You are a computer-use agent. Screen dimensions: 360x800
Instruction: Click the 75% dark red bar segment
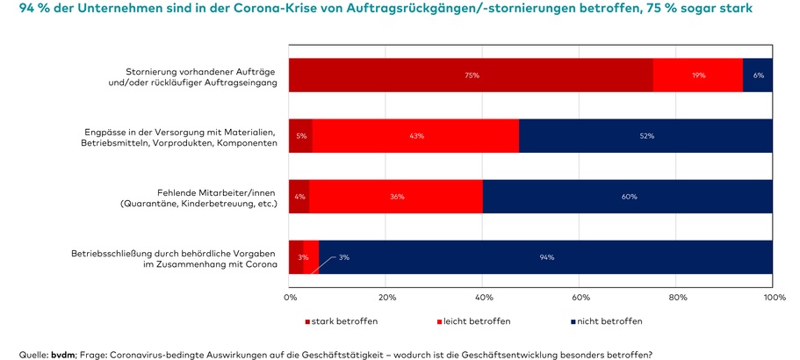[471, 76]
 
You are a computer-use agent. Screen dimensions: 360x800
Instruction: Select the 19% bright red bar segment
[698, 76]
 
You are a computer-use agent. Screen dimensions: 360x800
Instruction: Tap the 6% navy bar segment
[758, 76]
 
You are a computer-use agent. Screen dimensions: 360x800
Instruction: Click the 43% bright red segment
[415, 136]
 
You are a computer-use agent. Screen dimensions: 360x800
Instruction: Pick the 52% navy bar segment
[646, 136]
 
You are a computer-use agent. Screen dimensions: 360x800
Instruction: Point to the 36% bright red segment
[396, 197]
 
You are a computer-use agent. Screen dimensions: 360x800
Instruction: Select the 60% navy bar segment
[628, 197]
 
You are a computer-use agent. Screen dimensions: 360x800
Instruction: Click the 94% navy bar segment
[546, 257]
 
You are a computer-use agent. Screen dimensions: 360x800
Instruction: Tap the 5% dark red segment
[300, 136]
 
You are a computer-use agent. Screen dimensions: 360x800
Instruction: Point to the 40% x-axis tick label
[483, 299]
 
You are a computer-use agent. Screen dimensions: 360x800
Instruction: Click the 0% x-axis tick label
[291, 299]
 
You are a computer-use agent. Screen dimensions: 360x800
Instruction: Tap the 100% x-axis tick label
[773, 299]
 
